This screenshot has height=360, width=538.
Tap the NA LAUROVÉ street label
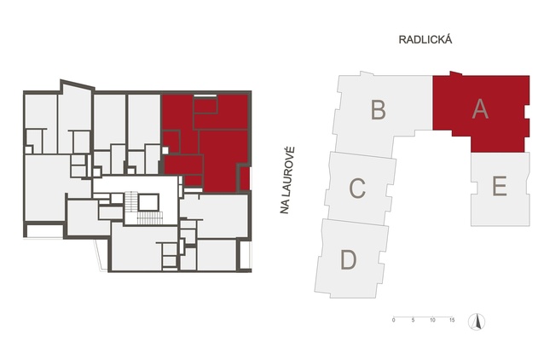(287, 181)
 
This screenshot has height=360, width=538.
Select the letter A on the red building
(480, 109)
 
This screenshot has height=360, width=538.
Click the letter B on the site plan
(379, 109)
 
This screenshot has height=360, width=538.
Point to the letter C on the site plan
(357, 188)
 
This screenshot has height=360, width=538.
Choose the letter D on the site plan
(348, 259)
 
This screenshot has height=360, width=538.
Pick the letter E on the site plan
(500, 186)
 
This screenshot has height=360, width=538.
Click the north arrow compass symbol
(477, 322)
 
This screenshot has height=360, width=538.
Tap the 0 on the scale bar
(394, 320)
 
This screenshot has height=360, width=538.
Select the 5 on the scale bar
(414, 320)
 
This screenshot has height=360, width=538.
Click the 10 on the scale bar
(432, 320)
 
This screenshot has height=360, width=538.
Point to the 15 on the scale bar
(452, 320)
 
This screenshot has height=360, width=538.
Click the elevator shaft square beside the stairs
(148, 202)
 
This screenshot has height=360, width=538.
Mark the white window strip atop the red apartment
(205, 95)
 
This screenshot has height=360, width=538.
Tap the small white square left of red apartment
(165, 150)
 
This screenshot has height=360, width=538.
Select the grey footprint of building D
(351, 259)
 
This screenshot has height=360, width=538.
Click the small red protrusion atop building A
(456, 73)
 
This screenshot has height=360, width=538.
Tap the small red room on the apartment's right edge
(245, 178)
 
